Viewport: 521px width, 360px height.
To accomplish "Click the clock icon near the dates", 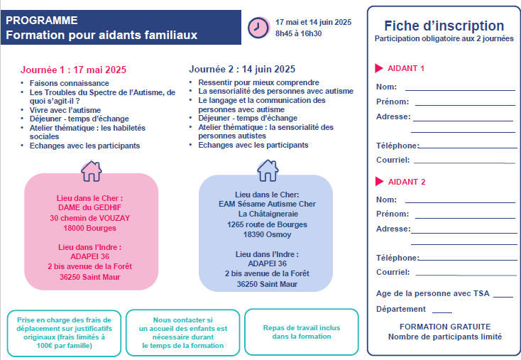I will [255, 27].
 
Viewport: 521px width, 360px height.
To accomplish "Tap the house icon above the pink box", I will [91, 170].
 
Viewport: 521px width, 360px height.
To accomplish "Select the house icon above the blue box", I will [267, 170].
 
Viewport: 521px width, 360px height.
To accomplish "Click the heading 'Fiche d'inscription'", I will [444, 26].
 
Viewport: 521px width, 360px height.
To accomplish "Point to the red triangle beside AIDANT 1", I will [379, 69].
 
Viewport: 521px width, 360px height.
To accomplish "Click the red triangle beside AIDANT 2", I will [379, 182].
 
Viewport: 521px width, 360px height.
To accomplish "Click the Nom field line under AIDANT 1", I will [459, 90].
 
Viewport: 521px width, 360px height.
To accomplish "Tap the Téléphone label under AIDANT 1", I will [397, 146].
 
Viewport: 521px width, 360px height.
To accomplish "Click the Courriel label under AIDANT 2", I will [393, 272].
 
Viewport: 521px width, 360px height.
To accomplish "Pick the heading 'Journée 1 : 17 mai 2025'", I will [73, 70].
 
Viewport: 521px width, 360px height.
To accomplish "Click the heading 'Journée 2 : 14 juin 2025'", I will [242, 69].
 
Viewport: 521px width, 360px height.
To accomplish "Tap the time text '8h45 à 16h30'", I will [298, 33].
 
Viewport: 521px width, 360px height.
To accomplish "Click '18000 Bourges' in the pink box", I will [90, 229].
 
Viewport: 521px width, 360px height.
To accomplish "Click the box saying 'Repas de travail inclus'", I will [301, 332].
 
